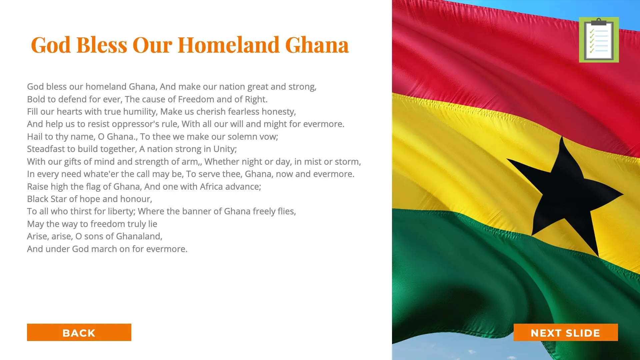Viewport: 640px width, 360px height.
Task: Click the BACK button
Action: pyautogui.click(x=79, y=332)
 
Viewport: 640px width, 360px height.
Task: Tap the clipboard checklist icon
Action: pyautogui.click(x=599, y=40)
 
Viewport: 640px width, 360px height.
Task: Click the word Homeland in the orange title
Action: pyautogui.click(x=229, y=45)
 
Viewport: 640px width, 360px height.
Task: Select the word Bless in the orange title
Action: pyautogui.click(x=102, y=45)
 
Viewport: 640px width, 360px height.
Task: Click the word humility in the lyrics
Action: pyautogui.click(x=140, y=112)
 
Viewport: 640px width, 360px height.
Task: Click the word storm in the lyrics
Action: pyautogui.click(x=348, y=162)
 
